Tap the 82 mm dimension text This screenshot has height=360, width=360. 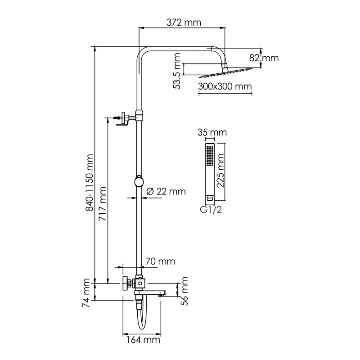tap(265, 58)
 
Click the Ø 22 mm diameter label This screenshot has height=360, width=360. tap(166, 192)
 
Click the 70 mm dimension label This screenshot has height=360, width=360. tap(159, 261)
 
